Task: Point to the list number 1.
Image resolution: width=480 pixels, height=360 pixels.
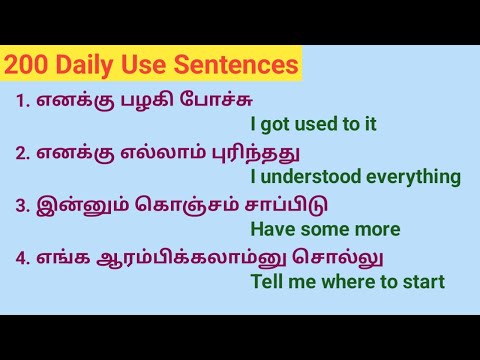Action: pos(22,101)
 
